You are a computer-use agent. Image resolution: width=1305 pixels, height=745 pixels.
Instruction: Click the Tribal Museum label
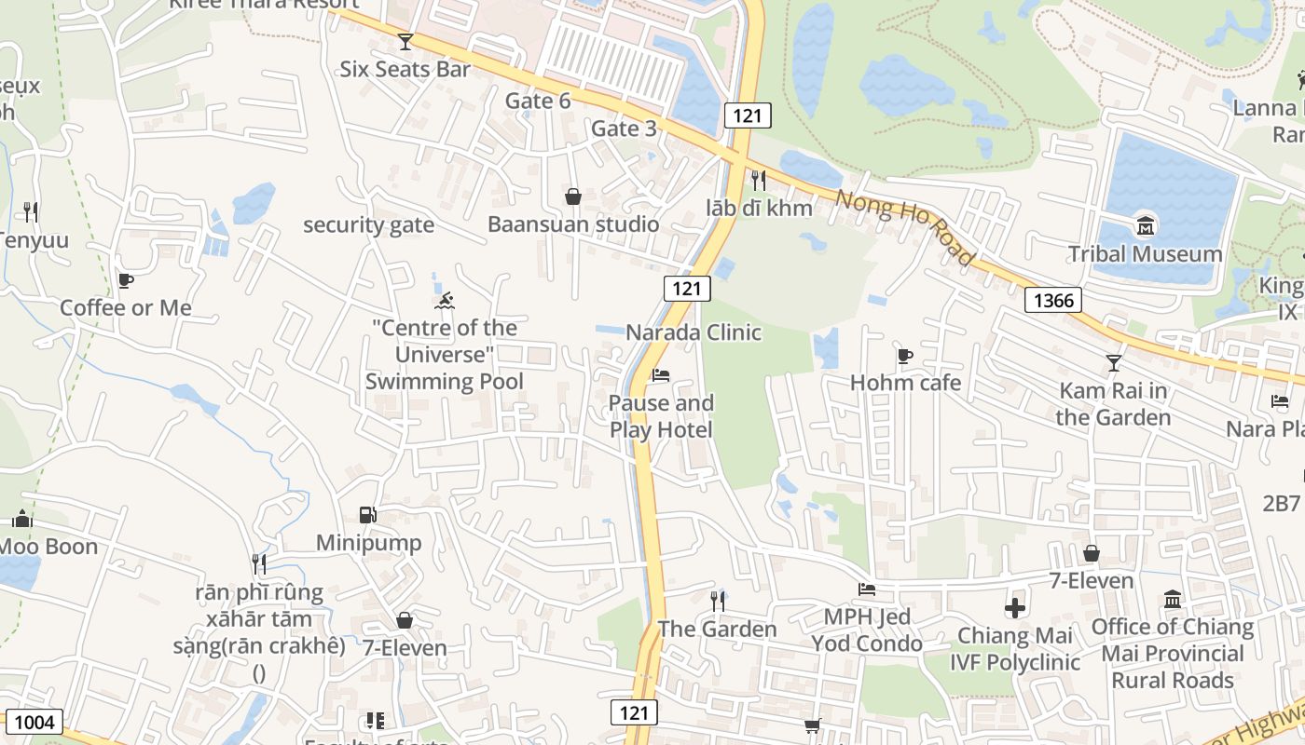1145,253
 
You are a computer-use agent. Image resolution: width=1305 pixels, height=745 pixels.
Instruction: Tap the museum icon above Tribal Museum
1145,225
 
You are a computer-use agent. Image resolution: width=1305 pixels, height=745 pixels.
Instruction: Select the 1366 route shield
1053,300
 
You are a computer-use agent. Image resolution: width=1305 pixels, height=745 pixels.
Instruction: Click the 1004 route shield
34,722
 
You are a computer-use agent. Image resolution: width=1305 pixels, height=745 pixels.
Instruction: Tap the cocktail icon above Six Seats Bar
405,41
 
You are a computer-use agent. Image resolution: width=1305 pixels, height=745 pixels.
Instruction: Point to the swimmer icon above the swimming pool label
445,300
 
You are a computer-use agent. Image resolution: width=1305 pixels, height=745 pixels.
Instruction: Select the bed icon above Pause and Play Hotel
661,375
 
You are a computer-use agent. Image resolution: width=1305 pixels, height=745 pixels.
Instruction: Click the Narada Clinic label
694,332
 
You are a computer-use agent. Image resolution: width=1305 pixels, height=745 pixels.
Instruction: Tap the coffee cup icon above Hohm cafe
904,355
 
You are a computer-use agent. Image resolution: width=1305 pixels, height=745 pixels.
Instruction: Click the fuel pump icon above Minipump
368,515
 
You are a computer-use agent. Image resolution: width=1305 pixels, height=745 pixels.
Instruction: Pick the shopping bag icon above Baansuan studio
573,196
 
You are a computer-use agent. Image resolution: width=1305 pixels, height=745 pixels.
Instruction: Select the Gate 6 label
538,101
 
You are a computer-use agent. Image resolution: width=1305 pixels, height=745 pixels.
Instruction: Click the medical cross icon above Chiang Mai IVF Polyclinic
1014,608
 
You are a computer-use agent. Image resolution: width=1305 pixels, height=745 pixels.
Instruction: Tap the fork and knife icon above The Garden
717,601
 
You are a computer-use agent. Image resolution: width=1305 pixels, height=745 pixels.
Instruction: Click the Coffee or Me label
126,307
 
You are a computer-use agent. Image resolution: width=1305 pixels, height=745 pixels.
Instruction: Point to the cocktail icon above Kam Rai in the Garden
1113,362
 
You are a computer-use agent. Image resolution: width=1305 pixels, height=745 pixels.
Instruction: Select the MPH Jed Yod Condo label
866,630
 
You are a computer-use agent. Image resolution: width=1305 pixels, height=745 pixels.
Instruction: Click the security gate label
368,224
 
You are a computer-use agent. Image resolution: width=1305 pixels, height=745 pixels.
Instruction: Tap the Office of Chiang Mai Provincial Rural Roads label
1172,653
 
